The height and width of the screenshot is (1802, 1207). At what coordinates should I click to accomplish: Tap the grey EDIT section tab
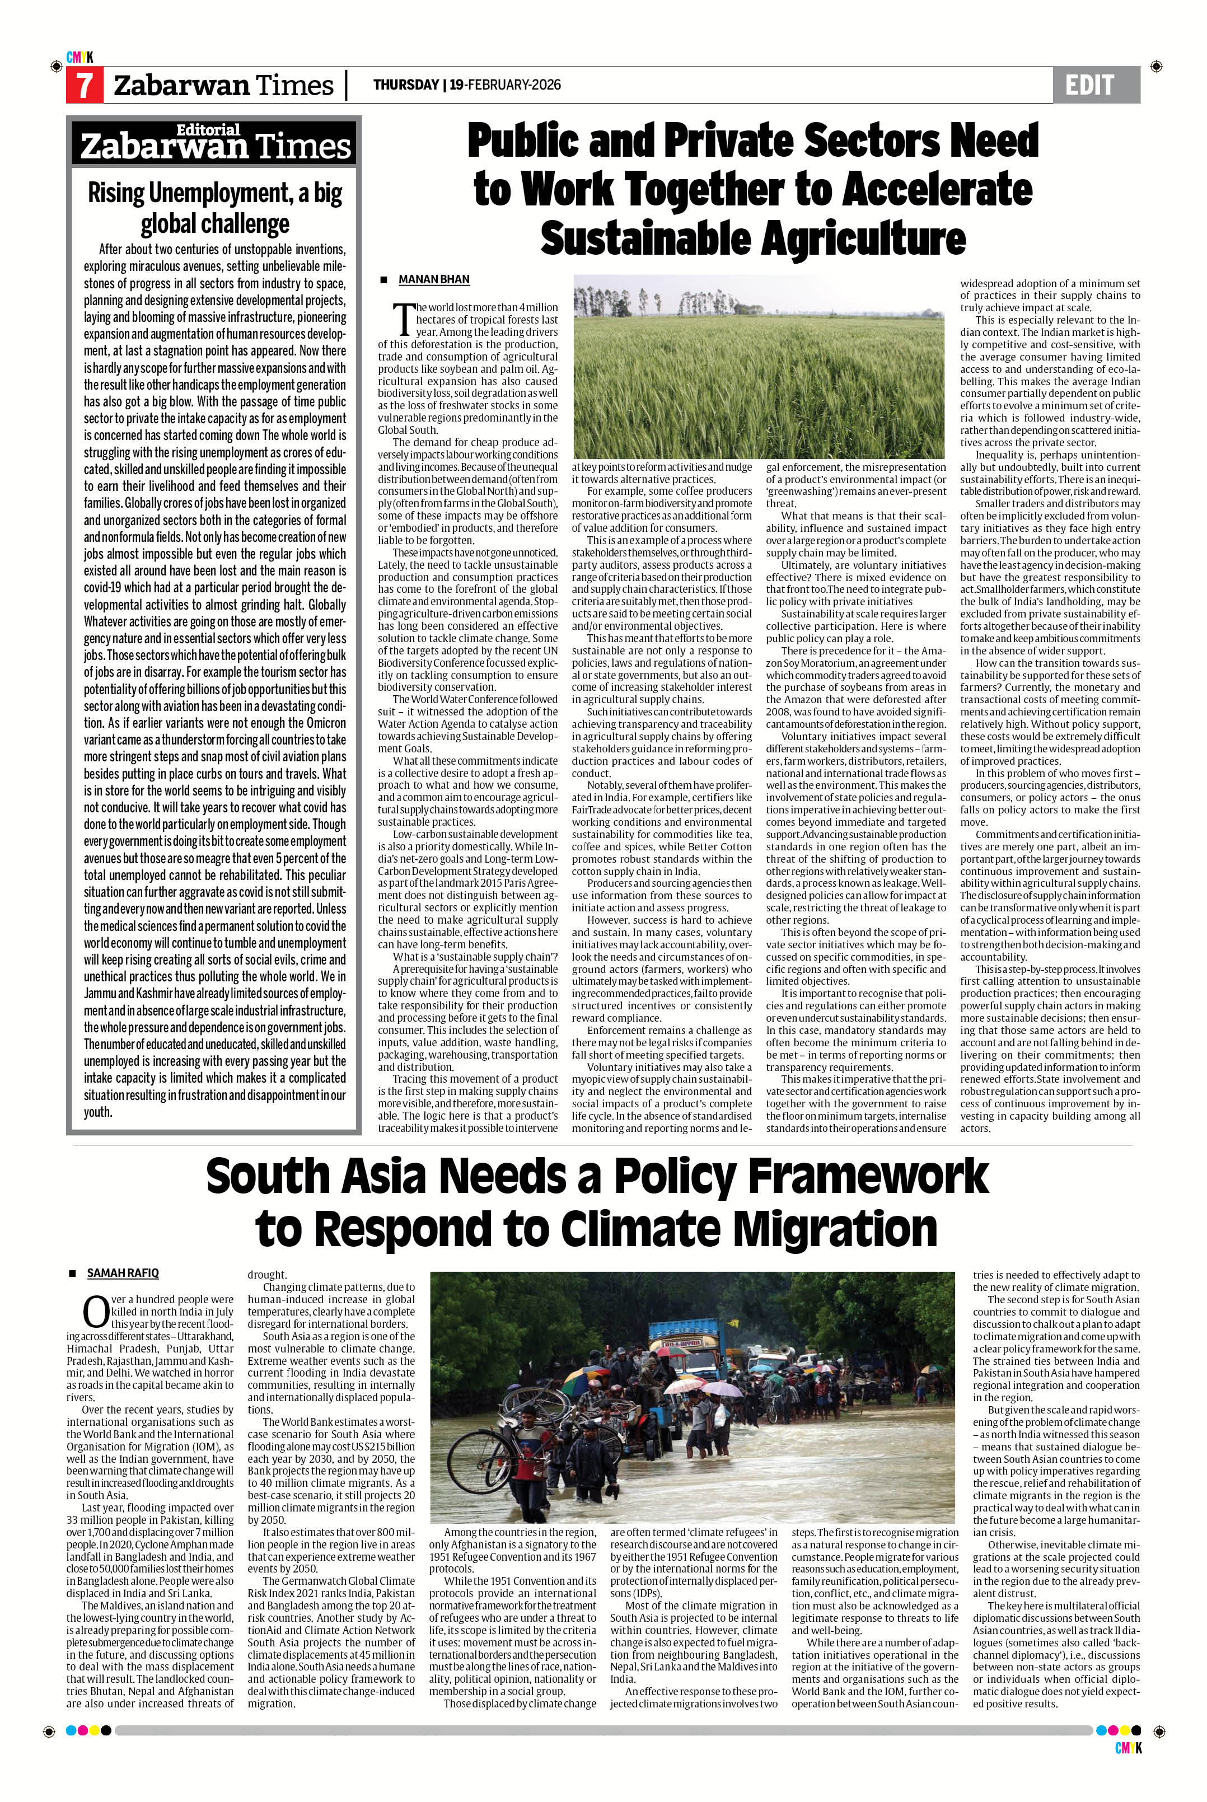pyautogui.click(x=1092, y=85)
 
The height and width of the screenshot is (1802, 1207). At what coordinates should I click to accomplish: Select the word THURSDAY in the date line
pyautogui.click(x=406, y=85)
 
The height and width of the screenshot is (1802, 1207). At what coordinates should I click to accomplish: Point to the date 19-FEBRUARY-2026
pyautogui.click(x=505, y=85)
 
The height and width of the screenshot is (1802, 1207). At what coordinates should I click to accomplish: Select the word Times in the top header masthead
pyautogui.click(x=296, y=86)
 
